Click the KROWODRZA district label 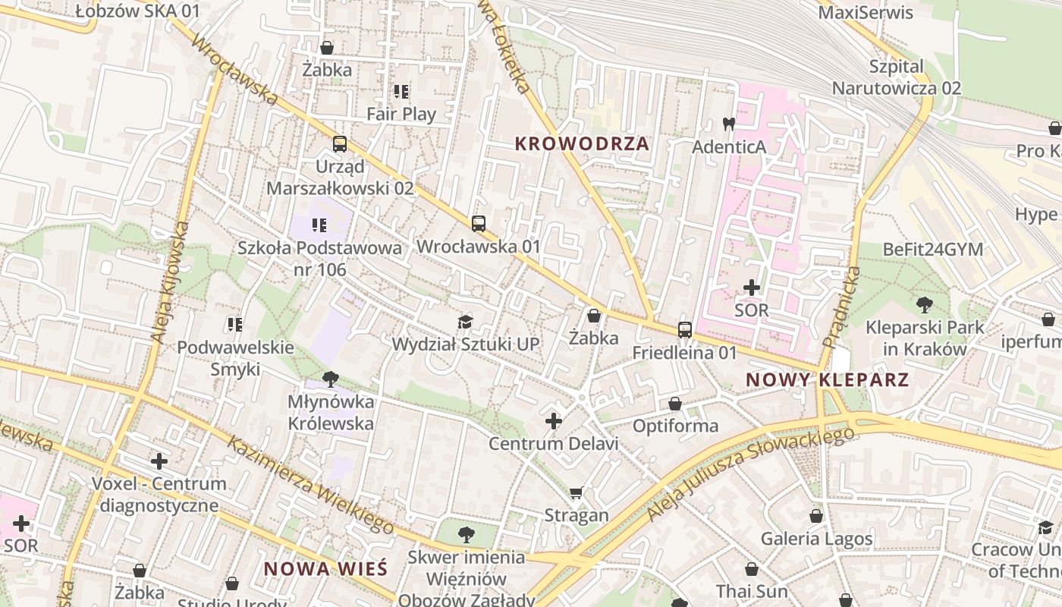(x=582, y=143)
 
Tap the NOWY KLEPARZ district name (x=827, y=379)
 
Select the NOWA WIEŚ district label (x=325, y=568)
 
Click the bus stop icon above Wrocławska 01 (x=478, y=224)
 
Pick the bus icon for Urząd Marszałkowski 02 (x=339, y=143)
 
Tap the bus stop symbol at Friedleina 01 (x=684, y=330)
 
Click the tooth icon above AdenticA (x=728, y=124)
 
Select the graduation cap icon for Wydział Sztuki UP (x=465, y=322)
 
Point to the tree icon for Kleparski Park (x=924, y=305)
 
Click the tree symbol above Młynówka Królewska (x=330, y=379)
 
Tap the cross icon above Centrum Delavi (x=554, y=421)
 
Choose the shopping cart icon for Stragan (x=576, y=493)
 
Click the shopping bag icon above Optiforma (x=675, y=403)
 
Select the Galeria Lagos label (x=816, y=539)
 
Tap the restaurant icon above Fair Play (x=401, y=92)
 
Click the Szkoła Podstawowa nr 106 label (x=319, y=259)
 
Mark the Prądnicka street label (x=841, y=307)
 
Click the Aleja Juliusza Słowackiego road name (x=750, y=474)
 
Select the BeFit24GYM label (x=932, y=250)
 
